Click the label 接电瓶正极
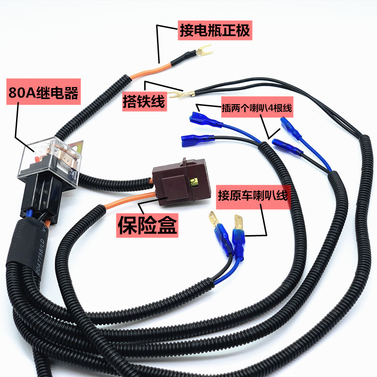pos(214,31)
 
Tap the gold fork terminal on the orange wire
pos(202,49)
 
